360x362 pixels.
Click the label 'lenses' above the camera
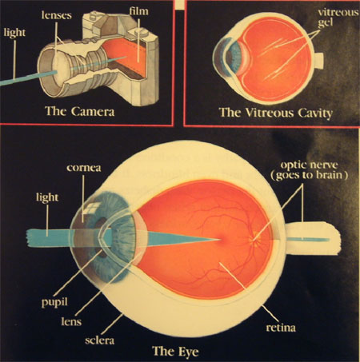pyautogui.click(x=57, y=15)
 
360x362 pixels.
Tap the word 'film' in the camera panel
pyautogui.click(x=138, y=11)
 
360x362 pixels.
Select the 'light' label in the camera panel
pyautogui.click(x=14, y=33)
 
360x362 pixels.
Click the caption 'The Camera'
pyautogui.click(x=80, y=111)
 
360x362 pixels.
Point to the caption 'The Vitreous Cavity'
pyautogui.click(x=276, y=113)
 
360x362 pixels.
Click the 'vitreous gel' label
pyautogui.click(x=338, y=18)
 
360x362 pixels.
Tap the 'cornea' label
pyautogui.click(x=84, y=168)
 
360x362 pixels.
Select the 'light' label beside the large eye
pyautogui.click(x=47, y=197)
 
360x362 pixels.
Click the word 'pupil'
pyautogui.click(x=54, y=303)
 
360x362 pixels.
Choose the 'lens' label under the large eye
pyautogui.click(x=71, y=321)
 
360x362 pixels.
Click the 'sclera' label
pyautogui.click(x=99, y=340)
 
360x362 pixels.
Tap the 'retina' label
pyautogui.click(x=281, y=328)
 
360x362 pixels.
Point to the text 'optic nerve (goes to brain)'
pyautogui.click(x=310, y=170)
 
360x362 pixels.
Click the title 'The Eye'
pyautogui.click(x=175, y=351)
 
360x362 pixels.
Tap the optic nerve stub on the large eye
pyautogui.click(x=312, y=238)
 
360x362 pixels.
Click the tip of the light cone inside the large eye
pyautogui.click(x=220, y=239)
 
